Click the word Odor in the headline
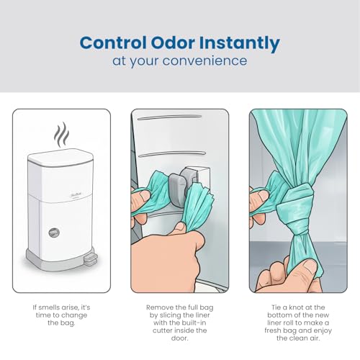pos(173,43)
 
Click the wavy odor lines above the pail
pos(61,135)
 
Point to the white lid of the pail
pos(60,156)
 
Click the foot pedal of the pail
pos(90,259)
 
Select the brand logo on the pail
pos(72,193)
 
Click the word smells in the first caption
pos(50,307)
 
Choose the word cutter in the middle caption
pos(163,330)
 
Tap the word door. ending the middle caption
pos(179,338)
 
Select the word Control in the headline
pos(113,43)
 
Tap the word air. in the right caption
pos(314,338)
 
